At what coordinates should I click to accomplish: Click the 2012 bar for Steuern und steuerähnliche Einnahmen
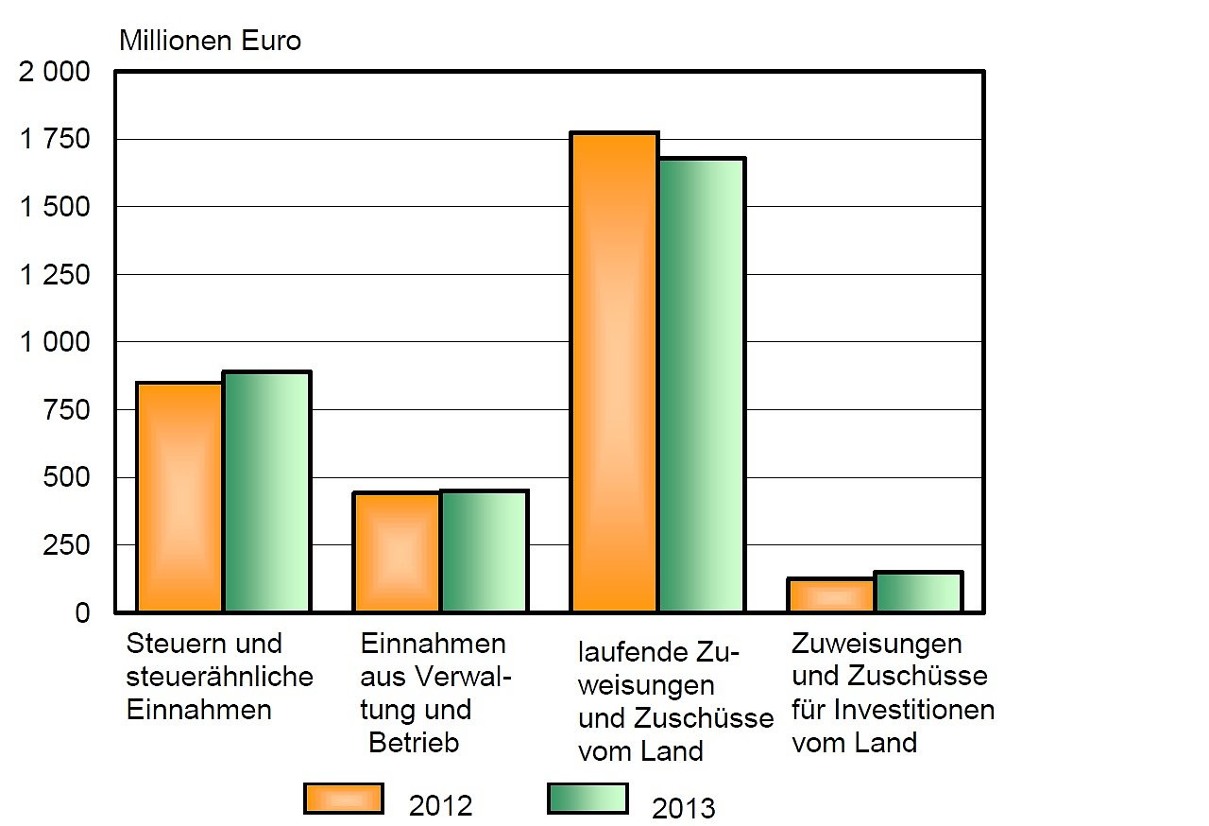tap(180, 497)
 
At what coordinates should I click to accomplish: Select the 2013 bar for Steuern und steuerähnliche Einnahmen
tap(267, 491)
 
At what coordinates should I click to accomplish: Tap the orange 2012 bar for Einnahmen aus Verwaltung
tap(397, 552)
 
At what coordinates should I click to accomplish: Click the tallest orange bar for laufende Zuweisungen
tap(614, 372)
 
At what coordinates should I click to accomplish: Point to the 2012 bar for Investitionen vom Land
tap(831, 595)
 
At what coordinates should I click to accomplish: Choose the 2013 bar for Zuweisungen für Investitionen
tap(918, 592)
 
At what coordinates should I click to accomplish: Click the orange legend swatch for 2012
tap(344, 799)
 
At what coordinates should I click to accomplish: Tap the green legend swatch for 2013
tap(587, 799)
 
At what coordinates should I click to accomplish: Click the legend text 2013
tap(684, 809)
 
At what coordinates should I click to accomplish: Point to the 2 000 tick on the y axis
tap(55, 72)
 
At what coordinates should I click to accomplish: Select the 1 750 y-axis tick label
tap(55, 140)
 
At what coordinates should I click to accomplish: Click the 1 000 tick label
tap(55, 343)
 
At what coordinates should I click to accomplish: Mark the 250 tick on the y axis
tap(68, 546)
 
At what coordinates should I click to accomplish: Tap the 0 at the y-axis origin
tap(82, 613)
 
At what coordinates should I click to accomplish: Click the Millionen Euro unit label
tap(210, 42)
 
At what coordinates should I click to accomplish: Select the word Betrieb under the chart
tap(414, 743)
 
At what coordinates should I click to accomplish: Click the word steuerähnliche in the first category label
tap(219, 677)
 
